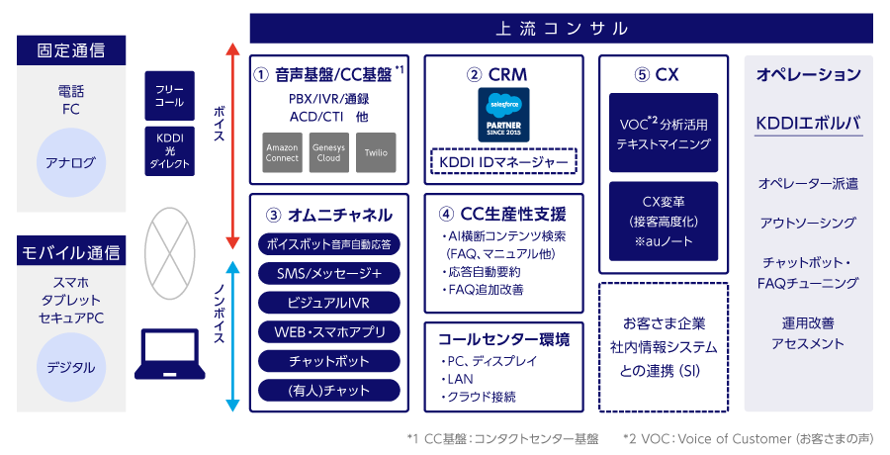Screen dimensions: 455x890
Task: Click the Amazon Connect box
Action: tap(282, 152)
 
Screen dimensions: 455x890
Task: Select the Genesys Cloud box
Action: tap(328, 152)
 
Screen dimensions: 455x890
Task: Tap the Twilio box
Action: tap(376, 152)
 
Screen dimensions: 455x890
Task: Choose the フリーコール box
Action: tap(169, 95)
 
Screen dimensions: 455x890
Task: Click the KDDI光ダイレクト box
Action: tap(169, 150)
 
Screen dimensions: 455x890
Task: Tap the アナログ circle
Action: tap(70, 162)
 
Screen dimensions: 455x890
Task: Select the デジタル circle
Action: tap(70, 367)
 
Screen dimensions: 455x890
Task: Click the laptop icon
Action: tap(170, 355)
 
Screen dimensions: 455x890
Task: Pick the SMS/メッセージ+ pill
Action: tap(329, 272)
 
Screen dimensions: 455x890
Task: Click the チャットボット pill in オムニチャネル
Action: tap(329, 361)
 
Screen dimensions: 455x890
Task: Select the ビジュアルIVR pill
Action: tap(329, 302)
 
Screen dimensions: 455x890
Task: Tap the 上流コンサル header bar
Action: tap(561, 29)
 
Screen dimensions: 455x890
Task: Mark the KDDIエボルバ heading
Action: tap(808, 124)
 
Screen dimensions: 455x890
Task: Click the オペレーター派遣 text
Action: tap(808, 184)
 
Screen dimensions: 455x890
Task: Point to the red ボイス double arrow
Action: tap(230, 145)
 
